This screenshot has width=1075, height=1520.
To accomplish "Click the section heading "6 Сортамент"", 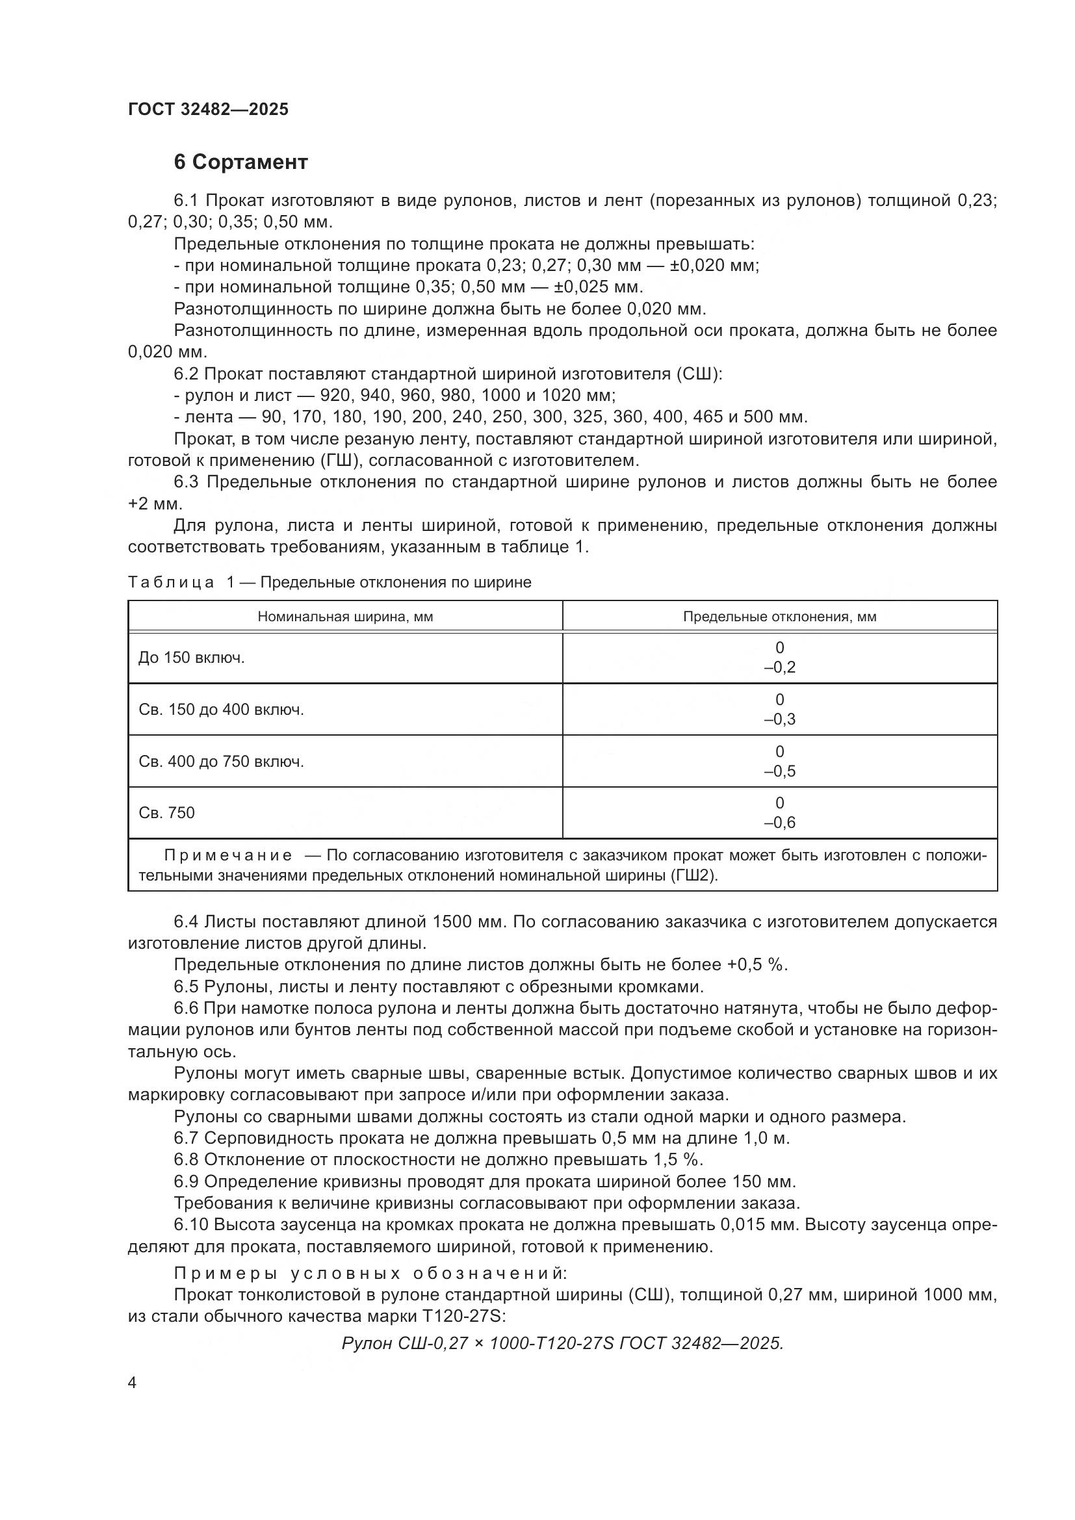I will click(x=240, y=162).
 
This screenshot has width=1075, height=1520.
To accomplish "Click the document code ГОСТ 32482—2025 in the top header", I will click(x=208, y=110).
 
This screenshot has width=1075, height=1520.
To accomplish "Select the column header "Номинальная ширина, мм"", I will click(x=345, y=617).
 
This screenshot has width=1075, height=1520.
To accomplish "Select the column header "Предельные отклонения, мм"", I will click(x=779, y=617).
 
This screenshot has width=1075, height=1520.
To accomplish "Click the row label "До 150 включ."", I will click(x=191, y=658).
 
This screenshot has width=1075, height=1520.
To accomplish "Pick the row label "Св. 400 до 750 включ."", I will click(x=221, y=762).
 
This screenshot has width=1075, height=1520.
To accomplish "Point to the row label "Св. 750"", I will click(x=167, y=813).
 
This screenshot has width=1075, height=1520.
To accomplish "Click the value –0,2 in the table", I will click(x=779, y=667).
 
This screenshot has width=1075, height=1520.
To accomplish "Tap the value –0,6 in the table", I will click(x=779, y=823).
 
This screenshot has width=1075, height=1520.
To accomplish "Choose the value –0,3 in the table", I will click(x=779, y=719).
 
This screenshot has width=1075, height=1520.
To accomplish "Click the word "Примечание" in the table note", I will click(x=227, y=856).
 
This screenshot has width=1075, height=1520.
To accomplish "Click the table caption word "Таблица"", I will click(x=171, y=582).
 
